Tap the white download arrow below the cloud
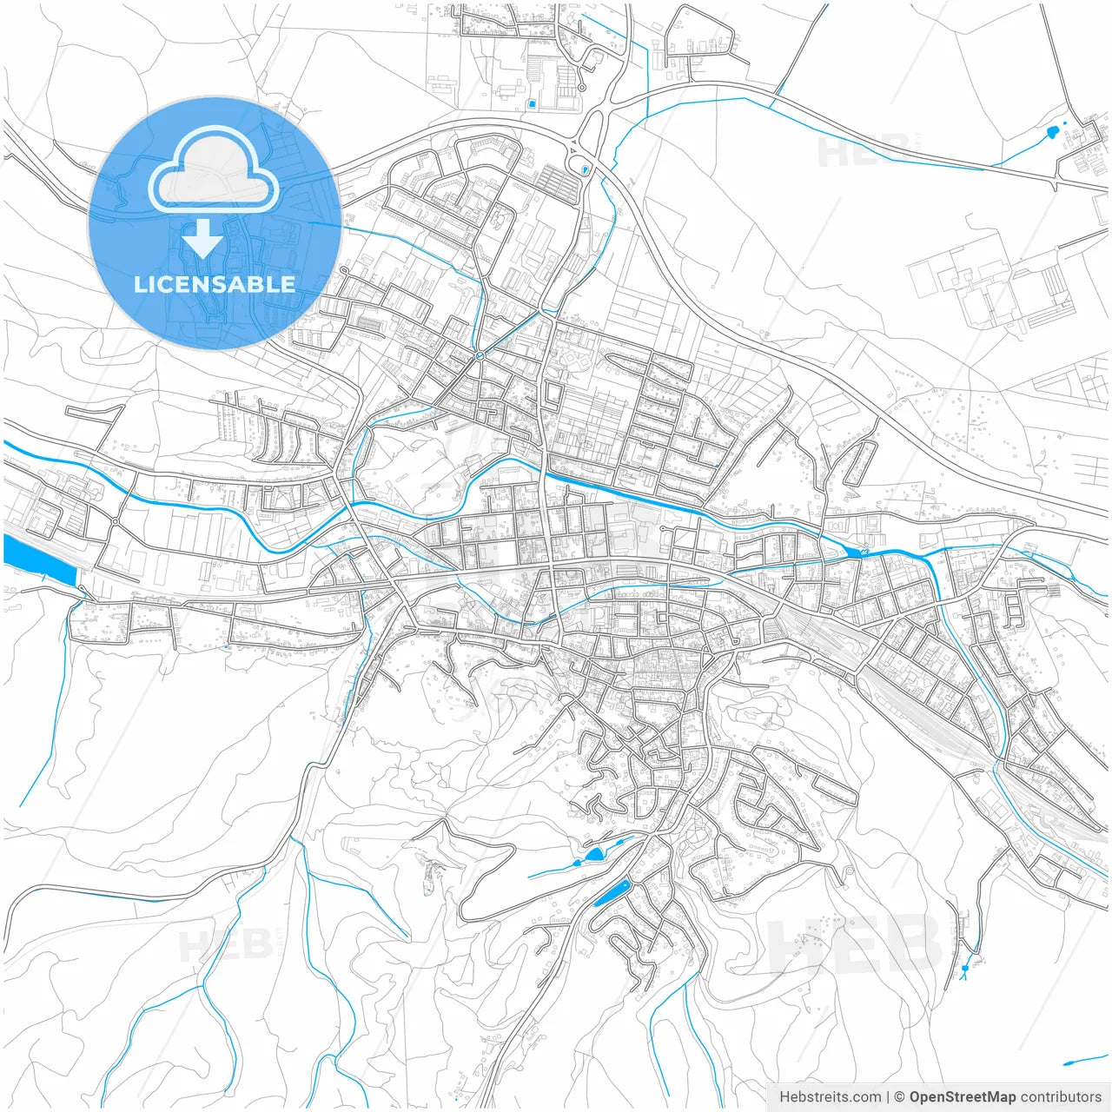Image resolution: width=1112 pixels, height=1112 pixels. pos(202,239)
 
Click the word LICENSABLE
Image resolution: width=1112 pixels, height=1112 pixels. pos(214,284)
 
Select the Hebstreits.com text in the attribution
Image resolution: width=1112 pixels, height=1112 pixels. pos(830,1097)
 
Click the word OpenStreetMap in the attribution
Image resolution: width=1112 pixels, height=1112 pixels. pos(962,1097)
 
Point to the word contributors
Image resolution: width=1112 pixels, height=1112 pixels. pos(1060,1097)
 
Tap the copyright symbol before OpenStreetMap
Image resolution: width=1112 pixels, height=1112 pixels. pos(900,1097)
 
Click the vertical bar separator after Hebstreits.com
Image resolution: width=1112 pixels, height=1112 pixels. pos(889,1097)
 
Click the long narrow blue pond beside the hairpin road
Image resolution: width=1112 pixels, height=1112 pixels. pos(612,893)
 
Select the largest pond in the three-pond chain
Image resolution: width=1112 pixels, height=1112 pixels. pos(595,855)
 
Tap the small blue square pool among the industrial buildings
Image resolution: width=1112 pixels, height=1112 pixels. pos(532,105)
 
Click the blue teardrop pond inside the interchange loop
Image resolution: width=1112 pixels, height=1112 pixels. pos(586,169)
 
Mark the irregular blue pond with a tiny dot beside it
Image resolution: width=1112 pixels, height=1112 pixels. pos(1053,133)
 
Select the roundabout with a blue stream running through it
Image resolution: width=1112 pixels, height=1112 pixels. pos(479,356)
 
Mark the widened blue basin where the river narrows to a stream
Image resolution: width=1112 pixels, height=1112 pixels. pos(854,553)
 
